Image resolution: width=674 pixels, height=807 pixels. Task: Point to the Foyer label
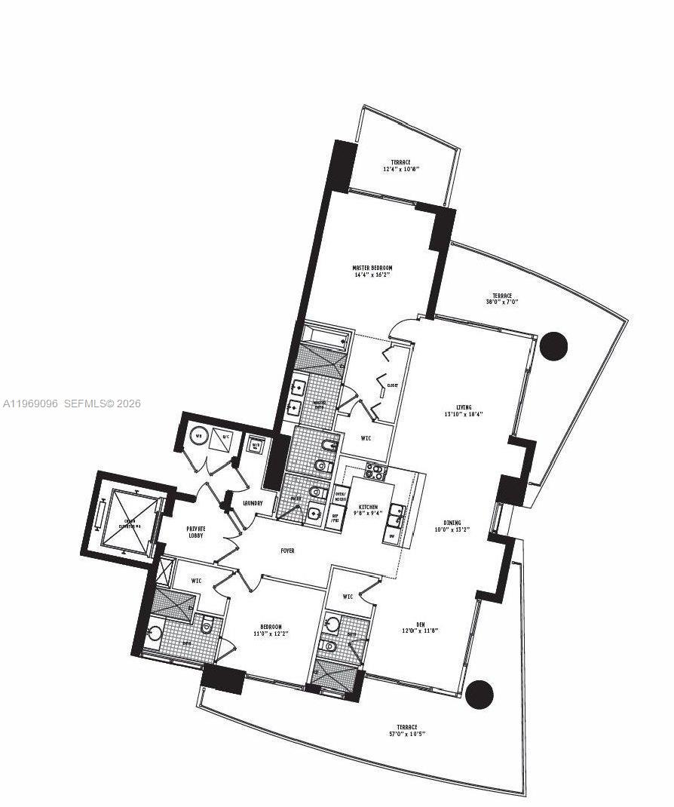click(287, 551)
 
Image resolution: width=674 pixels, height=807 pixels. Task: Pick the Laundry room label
click(253, 503)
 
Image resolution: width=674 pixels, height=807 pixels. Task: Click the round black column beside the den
click(479, 695)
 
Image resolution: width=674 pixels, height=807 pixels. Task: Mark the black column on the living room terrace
click(554, 345)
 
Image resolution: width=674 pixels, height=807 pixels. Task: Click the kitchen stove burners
click(375, 473)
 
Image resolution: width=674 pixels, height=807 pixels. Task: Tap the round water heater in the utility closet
click(199, 435)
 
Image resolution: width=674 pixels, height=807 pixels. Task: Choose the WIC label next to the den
click(348, 597)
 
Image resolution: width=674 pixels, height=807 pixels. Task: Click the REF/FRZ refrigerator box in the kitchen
click(335, 518)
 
